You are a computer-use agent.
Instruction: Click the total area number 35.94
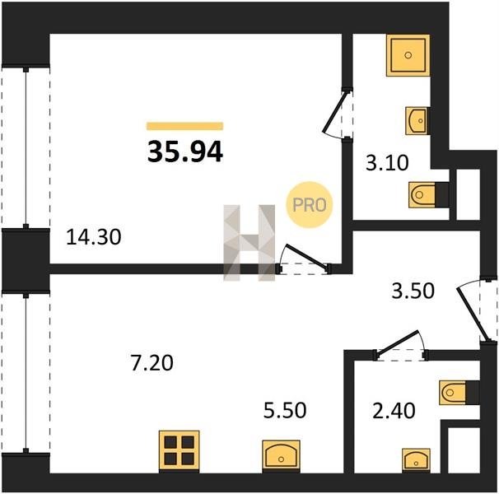[185, 152]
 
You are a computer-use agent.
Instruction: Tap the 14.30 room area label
[94, 237]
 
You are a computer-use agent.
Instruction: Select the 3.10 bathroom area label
[387, 163]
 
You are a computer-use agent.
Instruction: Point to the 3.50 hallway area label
[413, 291]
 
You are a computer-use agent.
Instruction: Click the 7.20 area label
[152, 363]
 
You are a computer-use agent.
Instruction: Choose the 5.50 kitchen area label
[285, 410]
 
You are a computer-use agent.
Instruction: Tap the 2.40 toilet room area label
[394, 411]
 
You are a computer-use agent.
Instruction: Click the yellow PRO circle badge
[310, 205]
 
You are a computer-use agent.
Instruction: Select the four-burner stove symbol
[180, 450]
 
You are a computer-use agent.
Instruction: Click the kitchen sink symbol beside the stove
[282, 456]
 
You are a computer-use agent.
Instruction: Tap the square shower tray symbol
[408, 55]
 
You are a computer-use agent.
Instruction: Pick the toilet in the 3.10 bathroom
[429, 194]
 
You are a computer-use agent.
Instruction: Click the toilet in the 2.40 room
[459, 392]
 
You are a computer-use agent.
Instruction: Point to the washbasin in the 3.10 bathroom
[417, 121]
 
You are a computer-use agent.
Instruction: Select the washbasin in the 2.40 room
[417, 460]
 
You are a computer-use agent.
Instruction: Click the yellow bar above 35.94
[185, 126]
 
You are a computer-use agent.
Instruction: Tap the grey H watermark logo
[249, 243]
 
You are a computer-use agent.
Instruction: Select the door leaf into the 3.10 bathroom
[335, 112]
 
